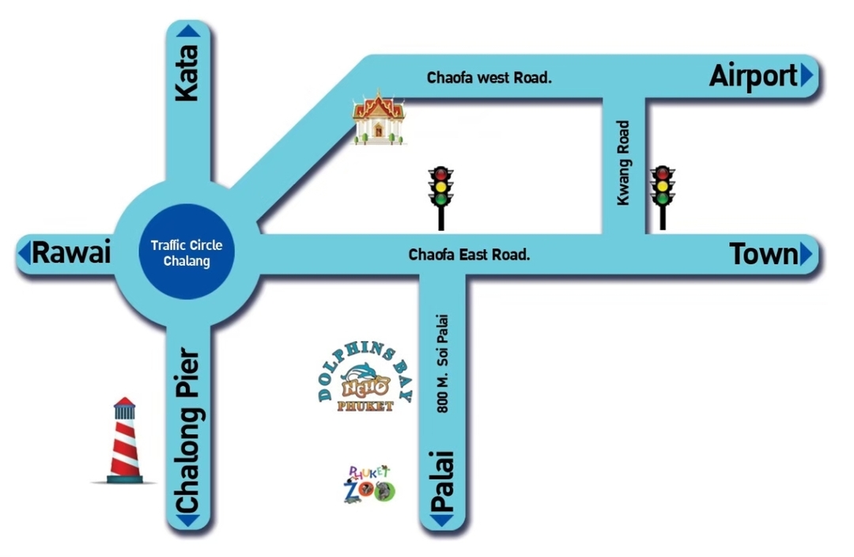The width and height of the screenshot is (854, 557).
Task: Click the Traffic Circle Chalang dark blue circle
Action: click(187, 252)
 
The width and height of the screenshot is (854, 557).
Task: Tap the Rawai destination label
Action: click(71, 253)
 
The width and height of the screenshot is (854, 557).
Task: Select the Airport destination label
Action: click(754, 76)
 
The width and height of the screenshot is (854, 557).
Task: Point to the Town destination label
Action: click(763, 255)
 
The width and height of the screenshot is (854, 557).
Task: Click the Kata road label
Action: click(187, 73)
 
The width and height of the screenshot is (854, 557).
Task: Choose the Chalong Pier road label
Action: click(188, 430)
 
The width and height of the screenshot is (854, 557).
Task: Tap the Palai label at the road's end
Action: click(442, 481)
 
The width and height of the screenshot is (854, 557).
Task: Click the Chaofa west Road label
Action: click(489, 78)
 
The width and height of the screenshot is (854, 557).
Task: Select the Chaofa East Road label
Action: click(469, 255)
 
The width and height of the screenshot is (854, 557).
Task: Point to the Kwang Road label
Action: click(623, 163)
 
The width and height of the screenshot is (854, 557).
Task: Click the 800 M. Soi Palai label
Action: click(443, 363)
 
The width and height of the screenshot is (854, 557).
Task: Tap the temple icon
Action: click(379, 118)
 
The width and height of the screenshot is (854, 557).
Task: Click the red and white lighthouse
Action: click(125, 441)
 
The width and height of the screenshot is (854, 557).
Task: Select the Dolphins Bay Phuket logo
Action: click(365, 377)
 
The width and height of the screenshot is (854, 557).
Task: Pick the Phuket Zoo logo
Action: click(369, 484)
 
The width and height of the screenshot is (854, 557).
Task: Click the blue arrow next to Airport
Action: click(807, 75)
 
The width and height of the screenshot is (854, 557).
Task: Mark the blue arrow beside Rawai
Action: click(24, 253)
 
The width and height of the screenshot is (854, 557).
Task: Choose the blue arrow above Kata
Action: click(188, 31)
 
